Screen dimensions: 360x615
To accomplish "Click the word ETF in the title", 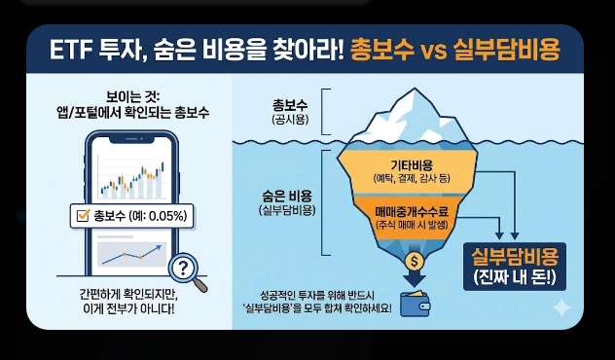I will pos(66,48).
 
